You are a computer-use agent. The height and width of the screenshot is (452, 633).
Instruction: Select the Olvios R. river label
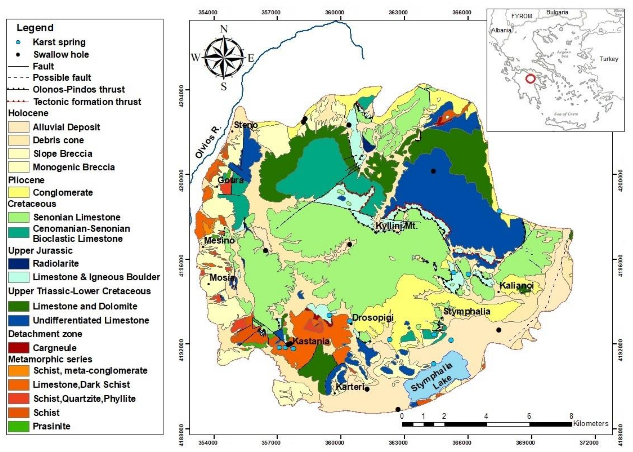(x=208, y=142)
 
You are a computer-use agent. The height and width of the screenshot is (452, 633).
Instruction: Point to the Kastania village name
(x=311, y=341)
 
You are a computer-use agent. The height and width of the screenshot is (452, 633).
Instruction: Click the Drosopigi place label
(x=373, y=318)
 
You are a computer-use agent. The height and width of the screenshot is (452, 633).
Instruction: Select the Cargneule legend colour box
(x=18, y=348)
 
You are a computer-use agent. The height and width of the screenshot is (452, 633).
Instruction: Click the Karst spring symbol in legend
(x=18, y=43)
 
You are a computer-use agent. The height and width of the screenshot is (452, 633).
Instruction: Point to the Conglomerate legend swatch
(x=18, y=192)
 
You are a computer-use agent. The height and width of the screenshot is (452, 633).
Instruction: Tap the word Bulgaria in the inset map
(x=557, y=12)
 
